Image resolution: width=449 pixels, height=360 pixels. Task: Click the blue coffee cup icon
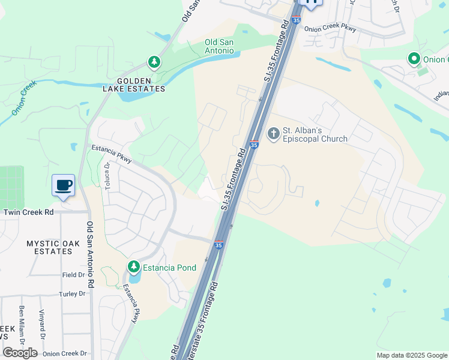coord(63,185)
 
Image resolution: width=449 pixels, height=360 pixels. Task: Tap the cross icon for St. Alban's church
coord(274,133)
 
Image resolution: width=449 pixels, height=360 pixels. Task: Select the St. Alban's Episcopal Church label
coord(315,134)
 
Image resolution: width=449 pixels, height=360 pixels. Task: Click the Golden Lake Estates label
coord(141,85)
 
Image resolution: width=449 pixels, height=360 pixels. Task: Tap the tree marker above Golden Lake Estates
coord(154,62)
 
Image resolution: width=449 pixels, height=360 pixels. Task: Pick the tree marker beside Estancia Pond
coord(133,266)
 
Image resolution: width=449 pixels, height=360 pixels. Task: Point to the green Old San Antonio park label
coord(219,46)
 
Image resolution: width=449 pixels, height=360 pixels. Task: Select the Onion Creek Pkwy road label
coord(330,29)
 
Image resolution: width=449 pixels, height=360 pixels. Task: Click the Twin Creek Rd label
coord(28,212)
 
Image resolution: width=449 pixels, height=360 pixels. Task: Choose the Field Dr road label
coord(73,275)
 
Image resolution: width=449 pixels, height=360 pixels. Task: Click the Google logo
coord(20,353)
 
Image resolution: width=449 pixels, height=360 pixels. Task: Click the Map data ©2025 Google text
coord(411,355)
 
